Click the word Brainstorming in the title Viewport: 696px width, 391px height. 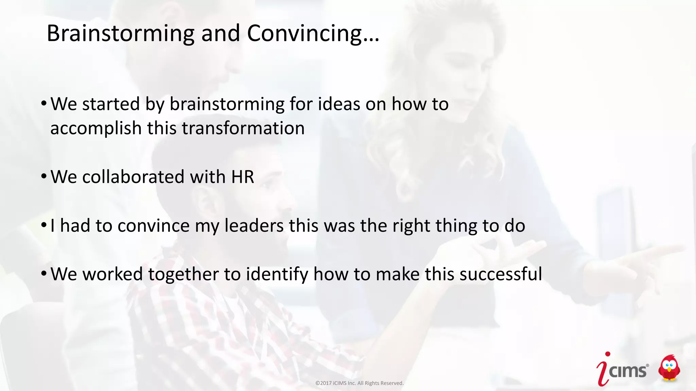click(120, 34)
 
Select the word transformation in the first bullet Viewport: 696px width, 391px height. click(243, 128)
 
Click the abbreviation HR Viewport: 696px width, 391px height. click(242, 177)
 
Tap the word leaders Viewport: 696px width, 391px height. click(254, 226)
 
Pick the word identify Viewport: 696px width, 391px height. click(277, 274)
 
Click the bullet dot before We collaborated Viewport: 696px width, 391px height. click(44, 176)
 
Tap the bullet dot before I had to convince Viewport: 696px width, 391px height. click(44, 225)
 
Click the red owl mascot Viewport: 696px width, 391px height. click(669, 368)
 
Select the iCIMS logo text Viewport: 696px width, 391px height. click(628, 371)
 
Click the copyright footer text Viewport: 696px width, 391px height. click(359, 383)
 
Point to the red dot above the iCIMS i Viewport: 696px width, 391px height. click(608, 354)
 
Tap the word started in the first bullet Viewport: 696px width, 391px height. click(111, 104)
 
